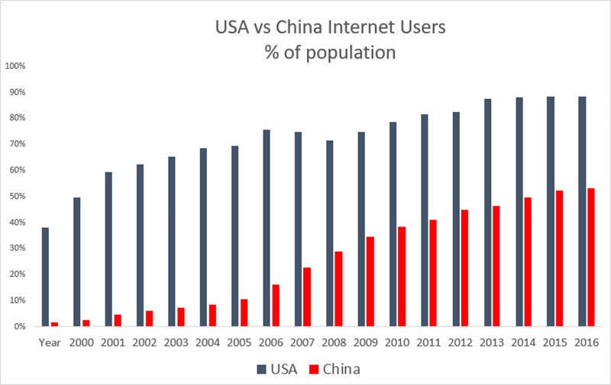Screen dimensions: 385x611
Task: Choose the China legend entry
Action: (337, 369)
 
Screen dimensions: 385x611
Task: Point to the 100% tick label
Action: (16, 66)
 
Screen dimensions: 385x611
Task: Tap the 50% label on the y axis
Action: (18, 196)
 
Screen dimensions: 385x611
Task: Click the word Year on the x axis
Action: (50, 343)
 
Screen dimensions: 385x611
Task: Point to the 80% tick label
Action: (18, 117)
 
